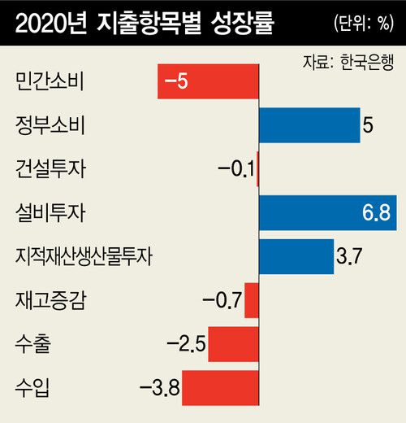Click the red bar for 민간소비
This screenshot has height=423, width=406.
click(x=208, y=82)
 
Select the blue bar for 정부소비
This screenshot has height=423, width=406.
click(x=309, y=126)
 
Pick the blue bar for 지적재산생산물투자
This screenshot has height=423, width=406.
click(x=296, y=257)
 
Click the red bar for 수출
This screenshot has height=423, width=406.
click(x=233, y=344)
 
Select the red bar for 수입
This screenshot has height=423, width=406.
click(x=220, y=387)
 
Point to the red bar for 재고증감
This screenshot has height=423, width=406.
click(x=251, y=300)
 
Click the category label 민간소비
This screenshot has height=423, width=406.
click(x=50, y=82)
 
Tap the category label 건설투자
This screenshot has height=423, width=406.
click(x=50, y=170)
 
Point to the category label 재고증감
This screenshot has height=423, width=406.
click(x=50, y=301)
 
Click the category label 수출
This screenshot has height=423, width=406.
click(x=32, y=345)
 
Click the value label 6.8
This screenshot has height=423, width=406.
click(x=377, y=214)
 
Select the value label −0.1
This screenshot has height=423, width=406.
click(x=236, y=170)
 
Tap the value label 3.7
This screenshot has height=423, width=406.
click(x=348, y=258)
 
